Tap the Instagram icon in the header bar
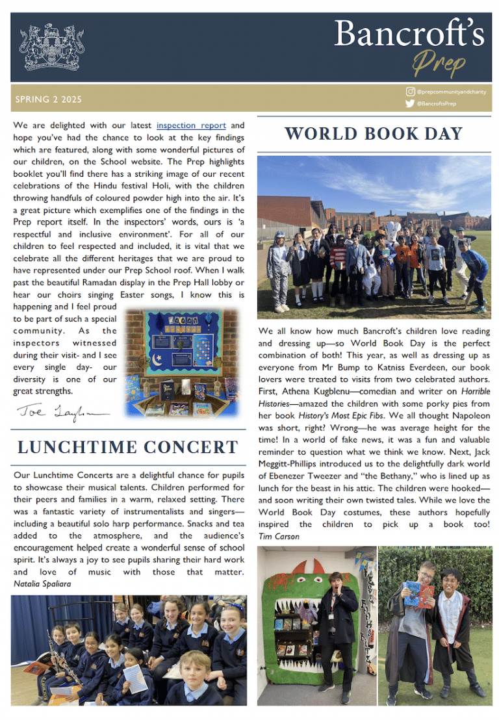[409, 92]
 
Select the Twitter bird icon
[409, 103]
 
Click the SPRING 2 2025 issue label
[49, 100]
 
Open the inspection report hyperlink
[191, 125]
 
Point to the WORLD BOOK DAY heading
[374, 134]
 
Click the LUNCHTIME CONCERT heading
[128, 447]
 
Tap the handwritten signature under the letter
[62, 412]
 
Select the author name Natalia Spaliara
[44, 584]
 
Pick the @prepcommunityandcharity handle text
[451, 92]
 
